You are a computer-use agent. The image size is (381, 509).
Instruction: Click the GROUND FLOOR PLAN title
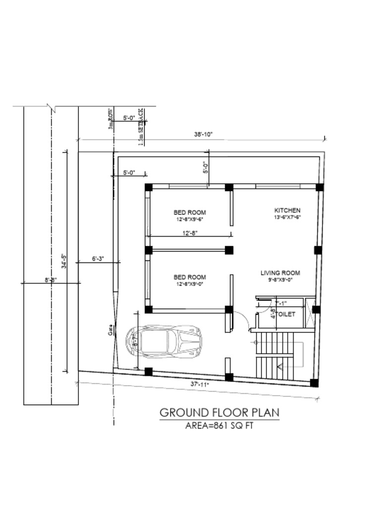click(219, 413)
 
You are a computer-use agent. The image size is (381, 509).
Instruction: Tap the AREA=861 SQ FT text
click(219, 425)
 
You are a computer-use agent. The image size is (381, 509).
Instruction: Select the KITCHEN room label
click(288, 210)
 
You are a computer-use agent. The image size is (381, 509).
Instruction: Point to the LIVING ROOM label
click(280, 273)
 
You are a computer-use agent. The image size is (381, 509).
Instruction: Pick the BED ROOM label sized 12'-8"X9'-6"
click(190, 212)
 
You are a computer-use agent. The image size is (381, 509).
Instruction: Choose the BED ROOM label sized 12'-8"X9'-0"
click(190, 277)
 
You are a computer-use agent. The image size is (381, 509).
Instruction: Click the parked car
click(164, 341)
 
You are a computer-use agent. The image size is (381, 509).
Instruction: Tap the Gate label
click(111, 330)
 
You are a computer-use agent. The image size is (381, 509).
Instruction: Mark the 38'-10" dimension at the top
click(203, 134)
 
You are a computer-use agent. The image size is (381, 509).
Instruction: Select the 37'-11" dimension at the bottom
click(200, 384)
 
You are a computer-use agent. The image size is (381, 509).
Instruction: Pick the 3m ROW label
click(111, 119)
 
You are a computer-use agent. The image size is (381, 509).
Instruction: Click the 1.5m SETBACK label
click(141, 127)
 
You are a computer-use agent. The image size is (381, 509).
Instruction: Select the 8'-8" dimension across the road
click(51, 280)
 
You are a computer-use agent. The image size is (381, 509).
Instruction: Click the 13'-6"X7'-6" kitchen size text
click(288, 217)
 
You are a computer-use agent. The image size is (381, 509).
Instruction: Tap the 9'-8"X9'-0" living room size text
click(280, 280)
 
